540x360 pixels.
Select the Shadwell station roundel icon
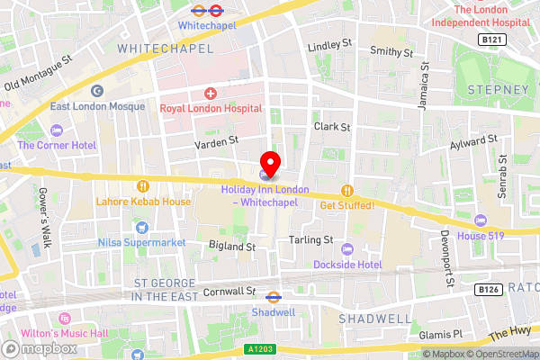coord(274,295)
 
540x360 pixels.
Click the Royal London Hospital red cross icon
coord(211,93)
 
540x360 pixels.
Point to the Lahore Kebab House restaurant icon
coord(142,186)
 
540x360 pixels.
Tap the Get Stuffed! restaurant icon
coord(346,190)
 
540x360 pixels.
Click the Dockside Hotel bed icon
coord(347,249)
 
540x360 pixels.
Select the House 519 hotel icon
coord(481,220)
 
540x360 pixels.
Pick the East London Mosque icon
coord(97,90)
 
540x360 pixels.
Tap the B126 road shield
coord(488,289)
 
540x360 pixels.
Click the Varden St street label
coord(217,140)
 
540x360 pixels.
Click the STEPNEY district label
coord(498,90)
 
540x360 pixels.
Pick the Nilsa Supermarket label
coord(141,243)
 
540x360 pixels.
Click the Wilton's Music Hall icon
coord(64,319)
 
